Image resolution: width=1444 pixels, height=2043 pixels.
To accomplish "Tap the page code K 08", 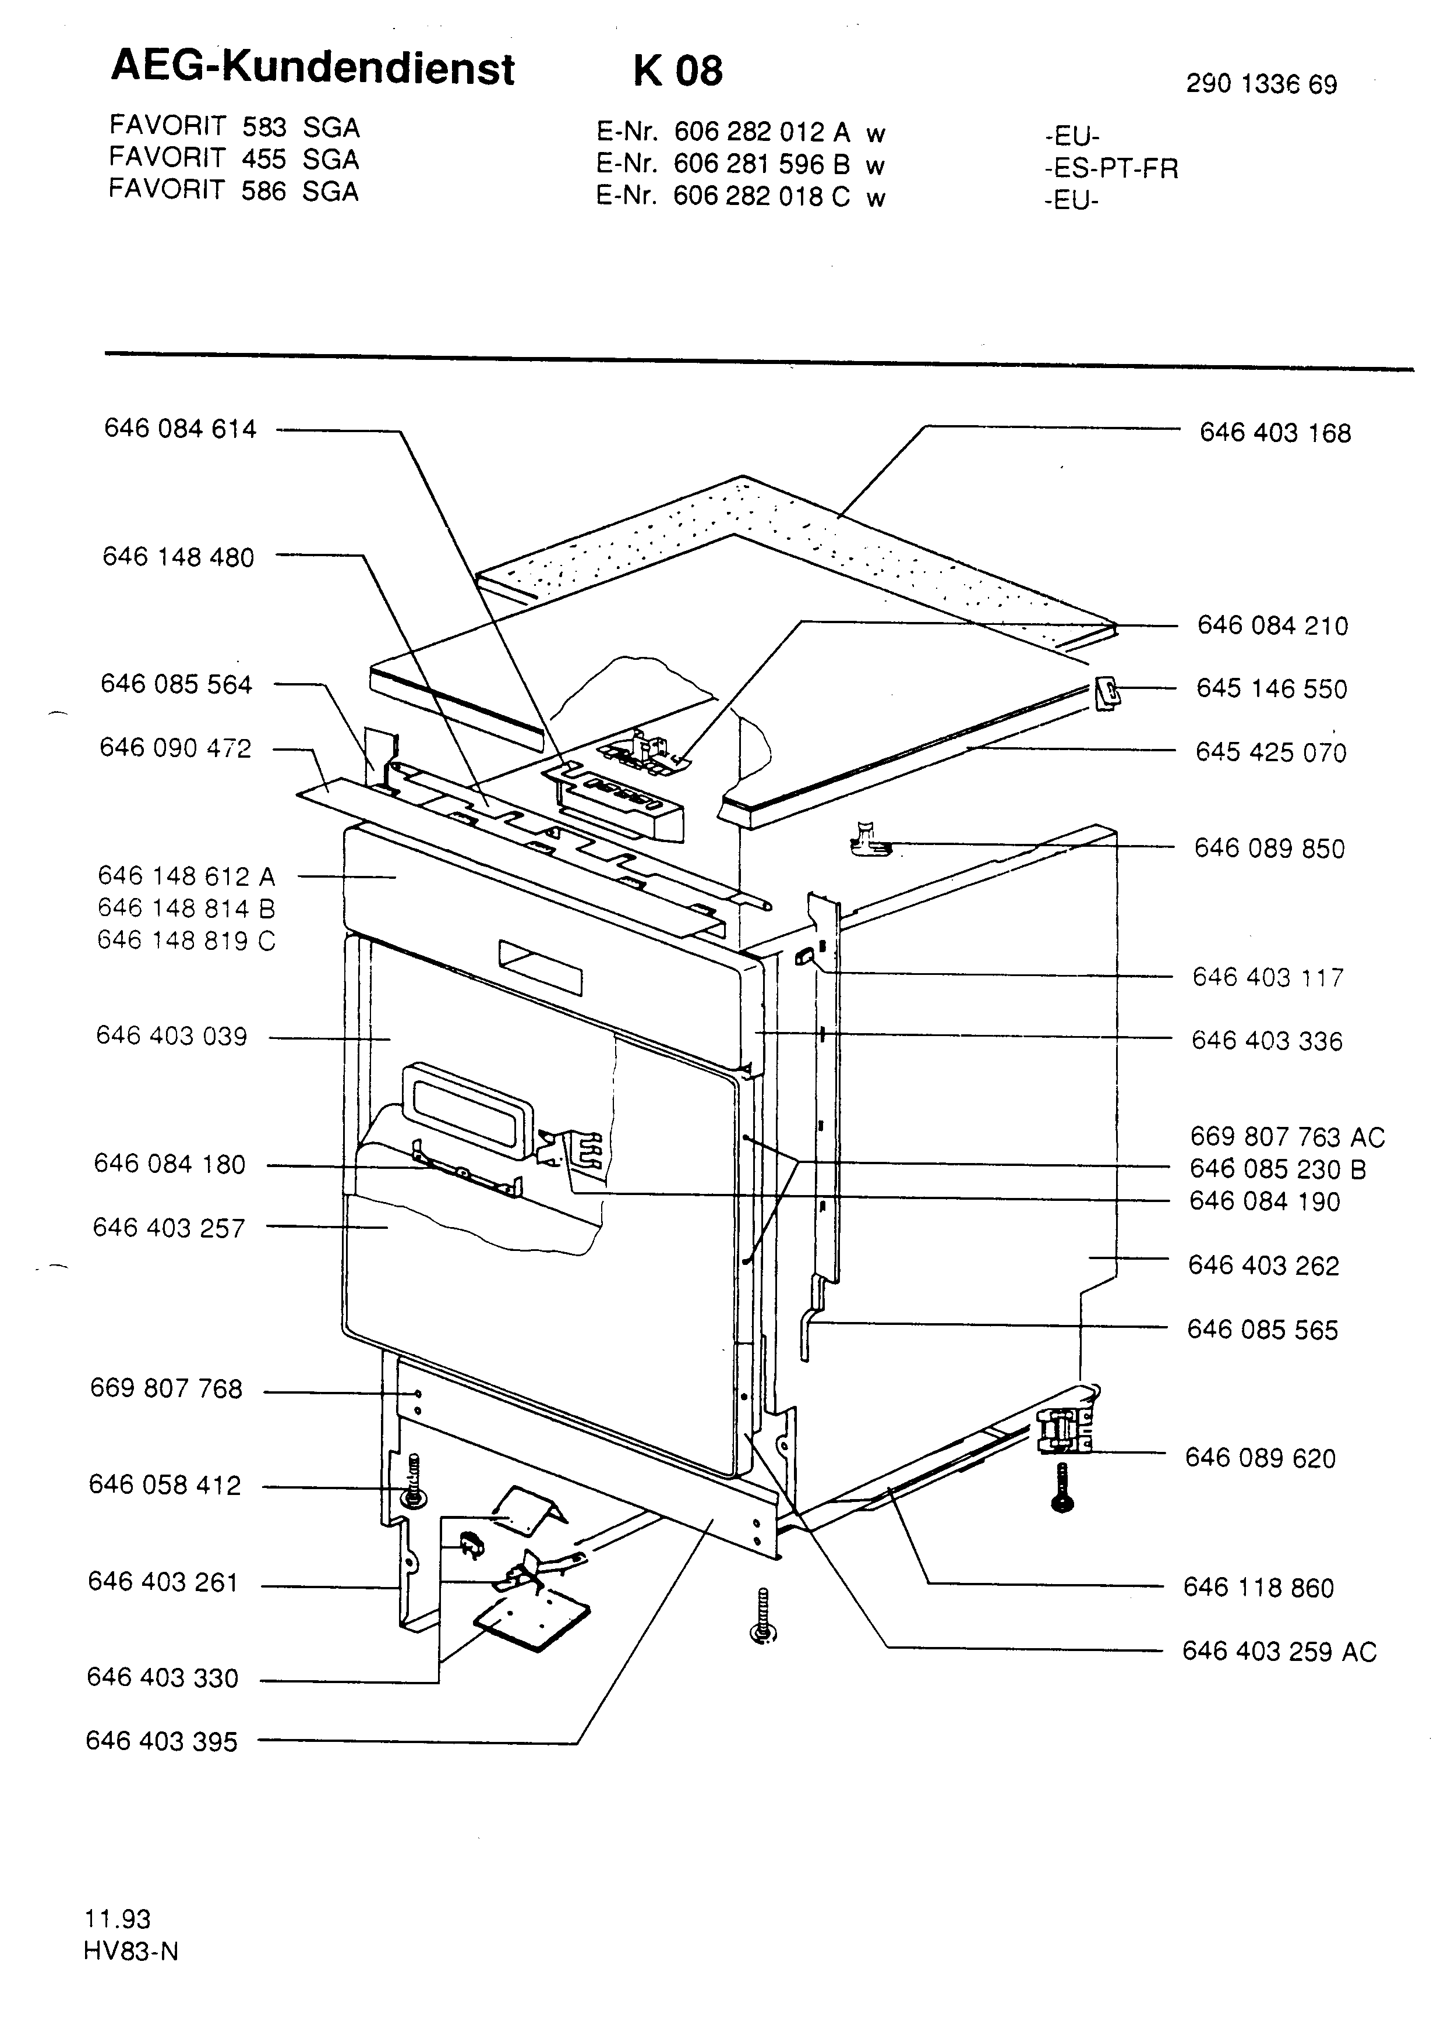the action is (x=678, y=70).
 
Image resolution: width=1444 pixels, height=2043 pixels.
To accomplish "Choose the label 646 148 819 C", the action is (x=187, y=941).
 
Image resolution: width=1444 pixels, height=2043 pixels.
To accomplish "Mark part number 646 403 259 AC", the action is (x=1279, y=1652).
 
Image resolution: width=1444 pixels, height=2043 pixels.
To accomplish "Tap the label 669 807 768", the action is (x=167, y=1389).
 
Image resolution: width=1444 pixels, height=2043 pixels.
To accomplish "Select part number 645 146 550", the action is (x=1272, y=689).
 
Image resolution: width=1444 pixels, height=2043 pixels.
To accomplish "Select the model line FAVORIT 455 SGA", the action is (x=234, y=159).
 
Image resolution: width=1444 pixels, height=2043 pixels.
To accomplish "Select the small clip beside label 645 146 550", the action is (x=1107, y=691).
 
